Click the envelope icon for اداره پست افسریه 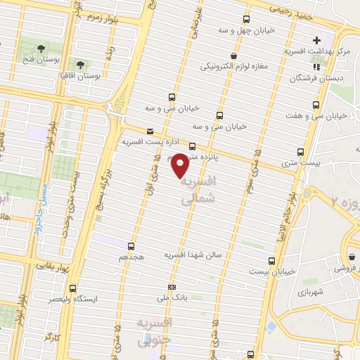(149, 131)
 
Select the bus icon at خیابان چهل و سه (245, 19)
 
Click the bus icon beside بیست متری (302, 151)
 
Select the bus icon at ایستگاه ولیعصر (72, 288)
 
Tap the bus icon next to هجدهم (131, 246)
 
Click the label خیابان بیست (278, 270)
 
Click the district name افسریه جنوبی (145, 331)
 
